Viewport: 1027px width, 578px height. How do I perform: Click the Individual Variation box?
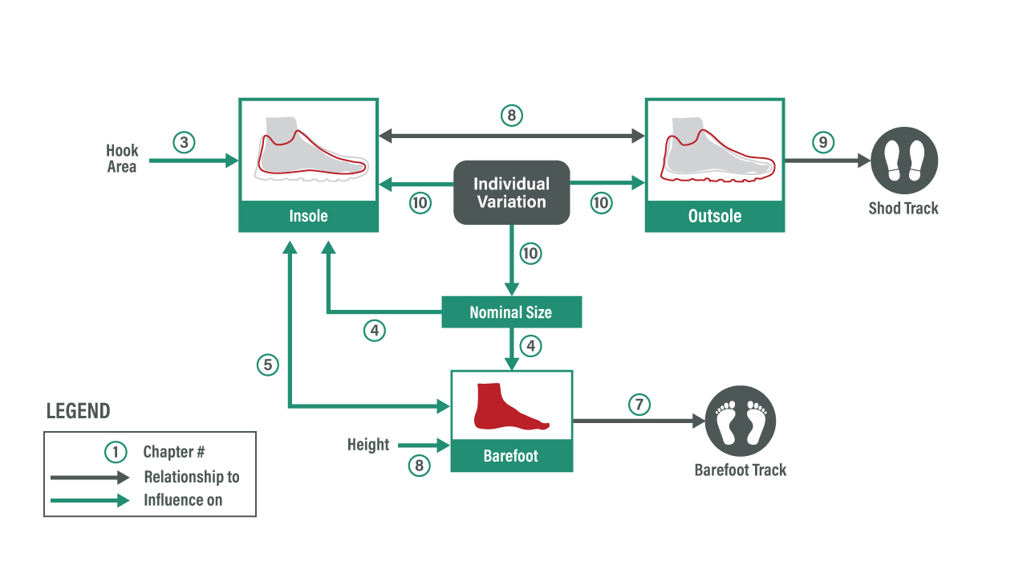[x=512, y=193]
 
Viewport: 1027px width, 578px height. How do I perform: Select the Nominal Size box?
[x=511, y=312]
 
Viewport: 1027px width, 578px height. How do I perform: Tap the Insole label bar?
[x=309, y=217]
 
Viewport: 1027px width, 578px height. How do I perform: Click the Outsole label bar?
[x=715, y=217]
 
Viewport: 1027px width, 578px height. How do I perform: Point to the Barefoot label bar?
[x=511, y=457]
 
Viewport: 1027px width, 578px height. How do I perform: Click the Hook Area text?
[x=122, y=159]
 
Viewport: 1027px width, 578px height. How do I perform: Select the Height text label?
[x=368, y=445]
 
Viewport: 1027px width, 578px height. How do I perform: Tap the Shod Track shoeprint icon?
[x=904, y=161]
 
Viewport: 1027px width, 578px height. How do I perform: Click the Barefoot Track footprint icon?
[x=741, y=421]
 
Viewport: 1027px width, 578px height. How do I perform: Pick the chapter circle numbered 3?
[x=184, y=143]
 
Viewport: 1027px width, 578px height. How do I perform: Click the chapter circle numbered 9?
[x=822, y=143]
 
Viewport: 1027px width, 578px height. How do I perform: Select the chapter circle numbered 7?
[x=639, y=405]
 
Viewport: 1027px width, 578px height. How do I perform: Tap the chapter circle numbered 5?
[x=268, y=365]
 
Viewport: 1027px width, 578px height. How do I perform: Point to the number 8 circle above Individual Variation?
[x=511, y=116]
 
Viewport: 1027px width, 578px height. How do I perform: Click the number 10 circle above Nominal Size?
[x=530, y=254]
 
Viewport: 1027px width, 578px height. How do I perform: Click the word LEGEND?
[x=78, y=412]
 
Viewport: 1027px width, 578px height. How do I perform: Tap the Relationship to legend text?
[x=192, y=477]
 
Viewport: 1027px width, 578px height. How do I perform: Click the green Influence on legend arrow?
[x=89, y=500]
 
